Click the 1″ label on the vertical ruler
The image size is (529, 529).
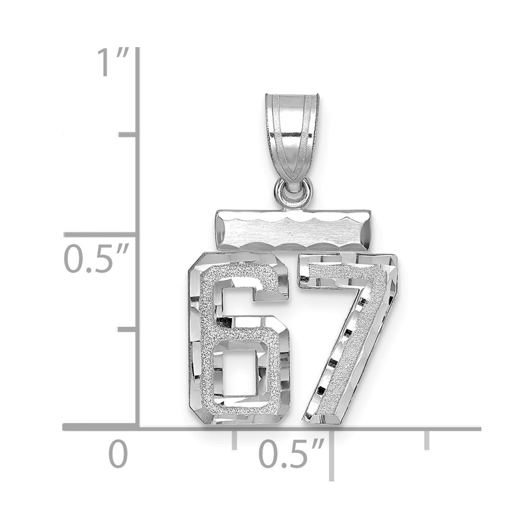(113, 62)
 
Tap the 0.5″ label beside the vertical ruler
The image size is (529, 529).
(97, 259)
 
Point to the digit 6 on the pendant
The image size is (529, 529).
(239, 339)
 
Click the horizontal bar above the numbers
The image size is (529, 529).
(293, 230)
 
